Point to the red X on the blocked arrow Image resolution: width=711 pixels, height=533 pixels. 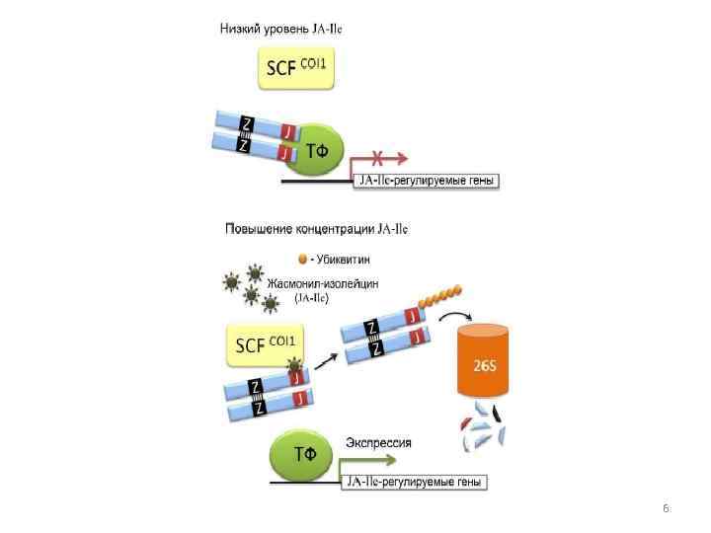click(376, 156)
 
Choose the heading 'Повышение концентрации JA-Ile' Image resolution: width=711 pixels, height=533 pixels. click(316, 230)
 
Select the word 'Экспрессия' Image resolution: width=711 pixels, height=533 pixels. click(378, 443)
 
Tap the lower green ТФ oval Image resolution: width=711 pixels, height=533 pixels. click(306, 455)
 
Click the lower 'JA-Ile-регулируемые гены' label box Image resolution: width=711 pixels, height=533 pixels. click(415, 483)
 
